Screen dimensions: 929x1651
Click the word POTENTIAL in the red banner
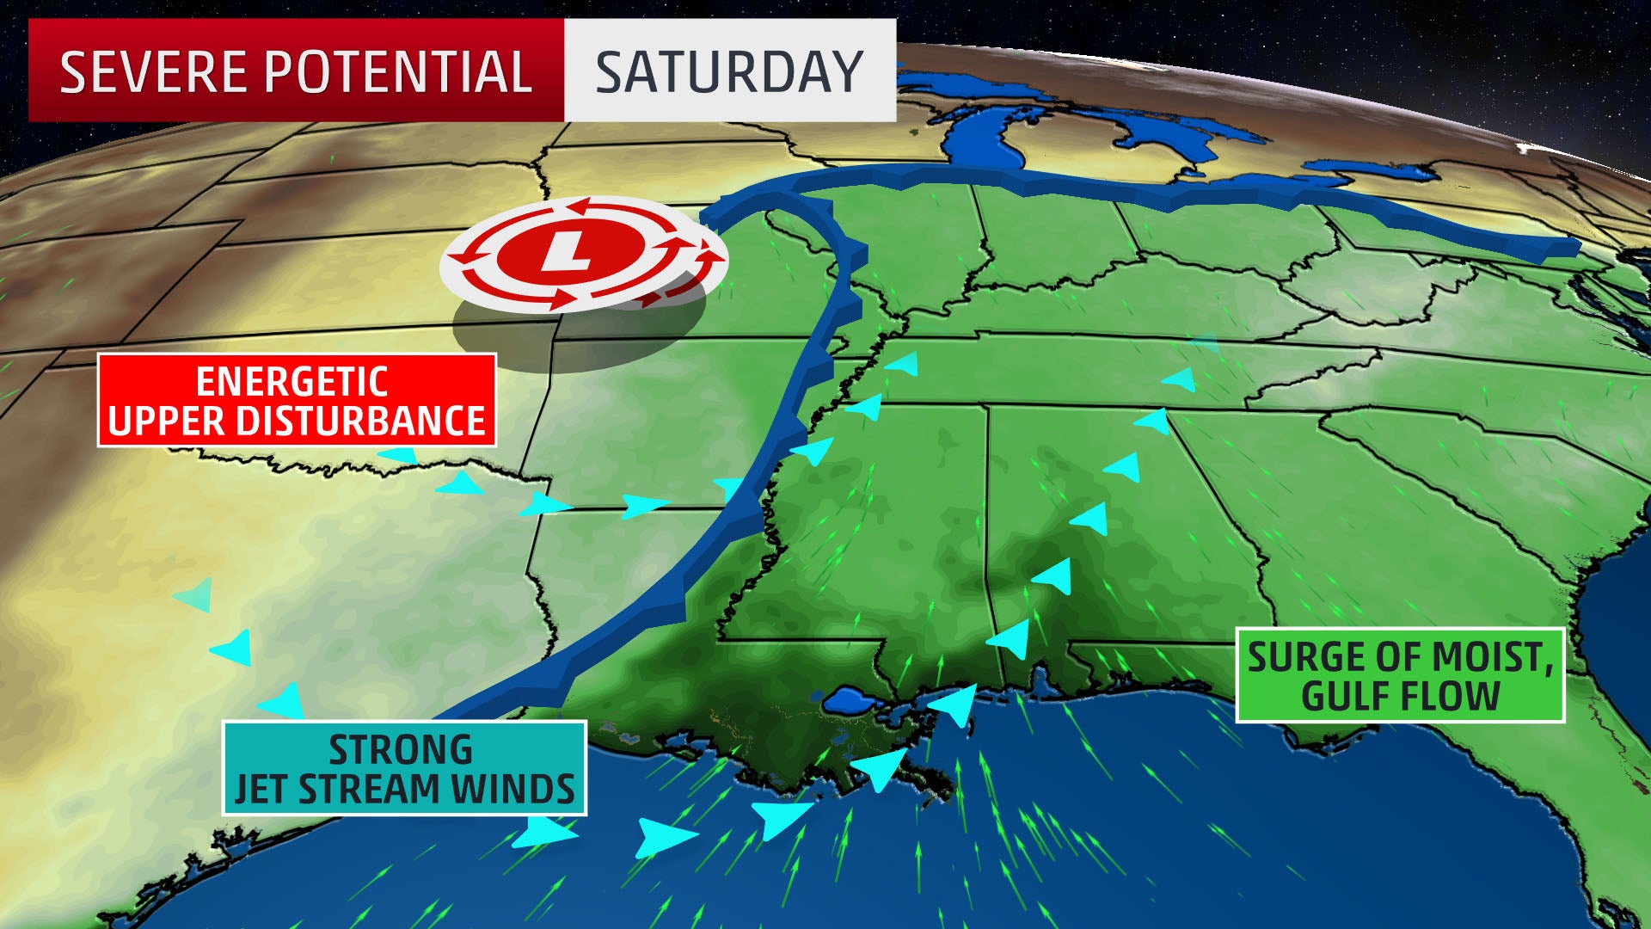pos(398,71)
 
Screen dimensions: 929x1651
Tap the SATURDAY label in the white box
pos(729,71)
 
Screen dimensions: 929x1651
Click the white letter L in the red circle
pos(568,251)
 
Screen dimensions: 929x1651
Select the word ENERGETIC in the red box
pos(292,381)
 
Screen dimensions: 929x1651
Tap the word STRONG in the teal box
pos(401,750)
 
